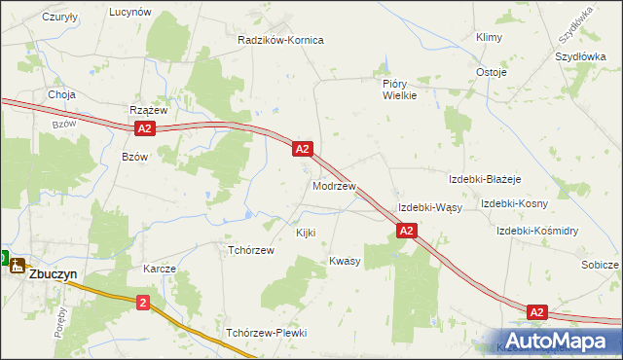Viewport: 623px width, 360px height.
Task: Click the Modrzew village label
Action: tap(334, 185)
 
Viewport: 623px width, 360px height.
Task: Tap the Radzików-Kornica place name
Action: tap(280, 40)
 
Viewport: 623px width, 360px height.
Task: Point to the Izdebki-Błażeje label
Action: tap(486, 179)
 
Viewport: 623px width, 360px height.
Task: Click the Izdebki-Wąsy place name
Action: tap(429, 208)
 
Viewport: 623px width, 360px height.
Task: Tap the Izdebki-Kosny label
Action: tap(514, 203)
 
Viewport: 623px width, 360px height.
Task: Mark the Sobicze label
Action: tap(600, 265)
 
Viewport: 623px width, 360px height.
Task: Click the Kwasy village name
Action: tap(345, 261)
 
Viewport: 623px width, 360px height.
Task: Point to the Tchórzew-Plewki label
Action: tap(266, 333)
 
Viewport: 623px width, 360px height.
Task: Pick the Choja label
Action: tap(62, 94)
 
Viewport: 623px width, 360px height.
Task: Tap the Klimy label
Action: tap(488, 37)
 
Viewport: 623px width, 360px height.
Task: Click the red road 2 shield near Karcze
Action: tap(144, 303)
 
